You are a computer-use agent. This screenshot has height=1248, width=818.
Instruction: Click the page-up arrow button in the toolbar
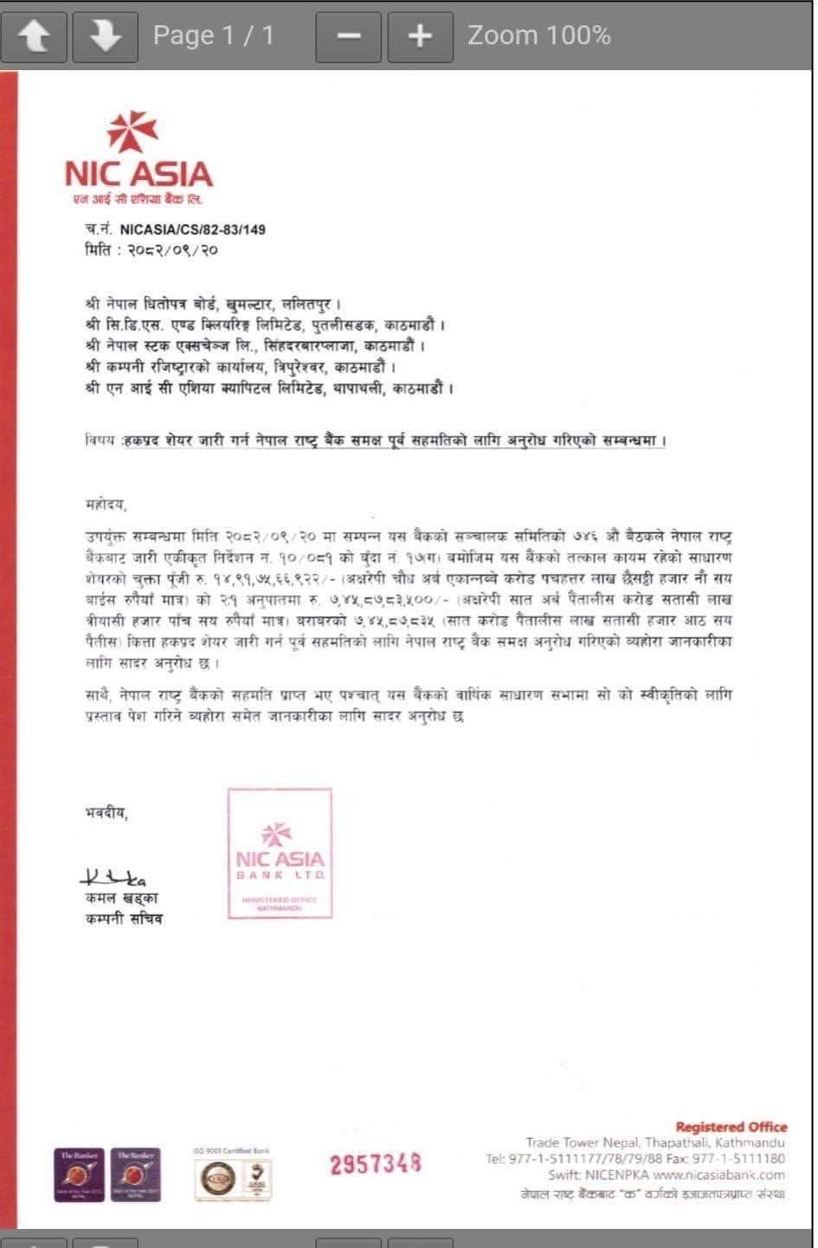coord(34,35)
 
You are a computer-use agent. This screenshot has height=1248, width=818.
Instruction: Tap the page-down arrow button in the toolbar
coord(105,35)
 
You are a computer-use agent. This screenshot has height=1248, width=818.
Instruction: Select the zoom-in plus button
coord(419,35)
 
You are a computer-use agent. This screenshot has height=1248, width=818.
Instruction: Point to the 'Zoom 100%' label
coord(538,35)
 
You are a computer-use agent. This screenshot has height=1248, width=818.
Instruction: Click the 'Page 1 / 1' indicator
coord(213,35)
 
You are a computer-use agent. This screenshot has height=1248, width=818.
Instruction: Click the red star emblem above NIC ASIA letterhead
coord(132,132)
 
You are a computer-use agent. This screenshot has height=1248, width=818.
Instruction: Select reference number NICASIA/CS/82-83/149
coord(192,229)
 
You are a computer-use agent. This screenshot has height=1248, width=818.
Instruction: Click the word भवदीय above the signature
coord(106,813)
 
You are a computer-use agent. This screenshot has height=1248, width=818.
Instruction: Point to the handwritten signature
coord(113,878)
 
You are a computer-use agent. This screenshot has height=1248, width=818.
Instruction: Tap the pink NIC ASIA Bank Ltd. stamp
coord(280,852)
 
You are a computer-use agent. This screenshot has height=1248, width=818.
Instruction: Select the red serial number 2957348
coord(375,1164)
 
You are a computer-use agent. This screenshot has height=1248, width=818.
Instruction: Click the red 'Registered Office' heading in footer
coord(731,1127)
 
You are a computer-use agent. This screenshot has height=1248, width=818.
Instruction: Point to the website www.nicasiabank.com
coord(718,1175)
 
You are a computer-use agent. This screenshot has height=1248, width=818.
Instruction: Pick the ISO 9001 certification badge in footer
coord(232,1175)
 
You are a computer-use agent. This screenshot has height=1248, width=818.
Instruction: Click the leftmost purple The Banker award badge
coord(79,1174)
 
